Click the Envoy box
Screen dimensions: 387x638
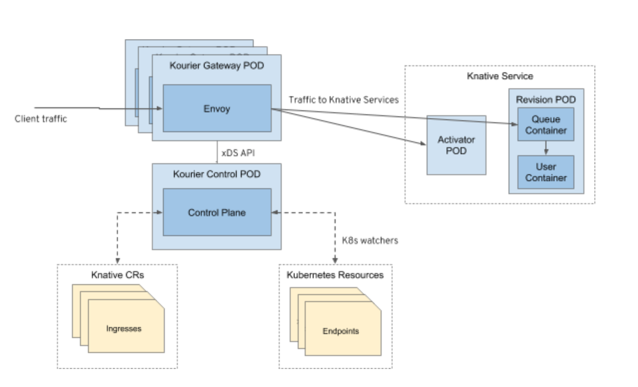(217, 108)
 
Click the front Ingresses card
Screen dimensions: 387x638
(125, 328)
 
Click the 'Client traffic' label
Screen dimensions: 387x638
(41, 120)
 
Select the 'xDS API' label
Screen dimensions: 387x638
(240, 153)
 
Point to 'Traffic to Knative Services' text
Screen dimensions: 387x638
(343, 99)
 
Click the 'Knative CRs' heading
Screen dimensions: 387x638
(112, 274)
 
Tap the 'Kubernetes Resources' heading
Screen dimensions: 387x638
(335, 274)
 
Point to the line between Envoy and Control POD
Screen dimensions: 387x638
(217, 152)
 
